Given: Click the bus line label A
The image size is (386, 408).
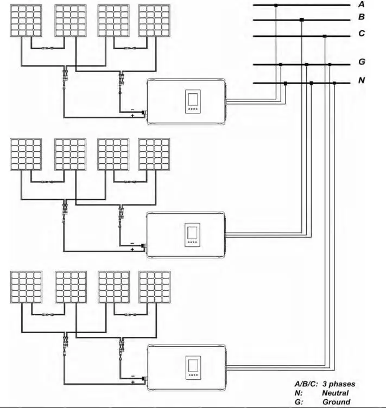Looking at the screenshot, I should click(x=361, y=4).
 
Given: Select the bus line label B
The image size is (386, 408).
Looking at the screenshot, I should click(x=361, y=17).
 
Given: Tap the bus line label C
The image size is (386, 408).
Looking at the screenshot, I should click(x=361, y=34).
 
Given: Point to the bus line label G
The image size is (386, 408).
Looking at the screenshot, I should click(x=361, y=62).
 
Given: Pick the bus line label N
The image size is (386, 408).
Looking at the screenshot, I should click(x=361, y=81).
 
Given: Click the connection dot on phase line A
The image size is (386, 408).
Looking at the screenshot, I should click(x=276, y=5).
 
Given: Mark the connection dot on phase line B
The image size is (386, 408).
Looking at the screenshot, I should click(x=301, y=20).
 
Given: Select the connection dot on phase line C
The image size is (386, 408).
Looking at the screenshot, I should click(x=325, y=36).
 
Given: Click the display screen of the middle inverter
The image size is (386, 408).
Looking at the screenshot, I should click(x=192, y=233).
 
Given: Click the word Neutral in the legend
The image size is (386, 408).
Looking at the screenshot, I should click(x=335, y=393).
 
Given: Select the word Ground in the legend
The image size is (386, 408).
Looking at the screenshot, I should click(x=336, y=402).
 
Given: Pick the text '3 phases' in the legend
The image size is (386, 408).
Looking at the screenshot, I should click(x=339, y=384).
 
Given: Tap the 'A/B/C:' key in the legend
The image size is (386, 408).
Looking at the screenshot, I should click(x=306, y=384).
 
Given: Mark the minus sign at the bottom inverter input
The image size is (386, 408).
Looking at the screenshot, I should click(x=132, y=375).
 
